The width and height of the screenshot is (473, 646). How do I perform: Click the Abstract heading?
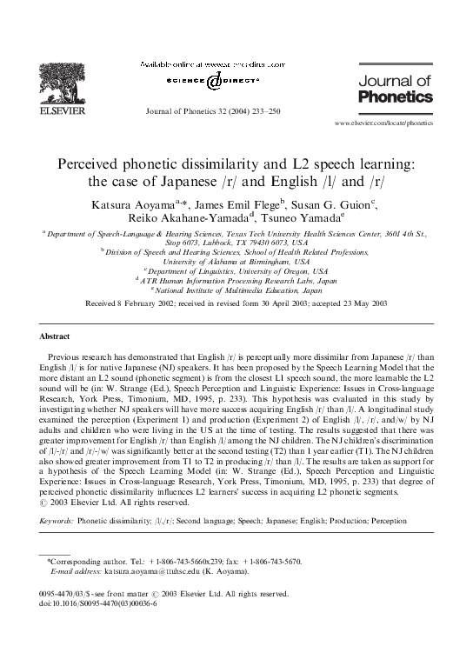pos(55,336)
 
